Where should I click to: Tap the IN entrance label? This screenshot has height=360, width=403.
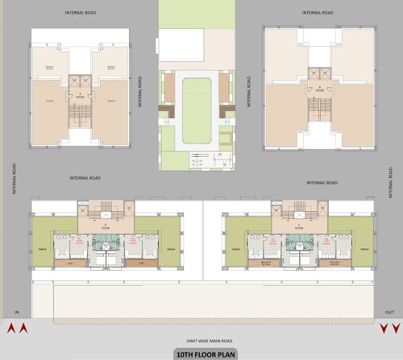[16, 312]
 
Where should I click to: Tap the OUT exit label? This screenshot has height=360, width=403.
[389, 312]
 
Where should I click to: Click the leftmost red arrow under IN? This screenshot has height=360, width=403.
[11, 328]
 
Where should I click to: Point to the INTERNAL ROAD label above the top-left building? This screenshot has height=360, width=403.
[81, 14]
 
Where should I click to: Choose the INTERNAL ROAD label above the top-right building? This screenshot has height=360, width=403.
[317, 14]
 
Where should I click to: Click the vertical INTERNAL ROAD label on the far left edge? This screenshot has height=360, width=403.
[15, 178]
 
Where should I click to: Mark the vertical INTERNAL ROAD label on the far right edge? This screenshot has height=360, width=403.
[390, 184]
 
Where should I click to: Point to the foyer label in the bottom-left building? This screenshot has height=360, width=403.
[106, 227]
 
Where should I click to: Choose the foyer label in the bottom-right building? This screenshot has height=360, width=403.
[297, 227]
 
